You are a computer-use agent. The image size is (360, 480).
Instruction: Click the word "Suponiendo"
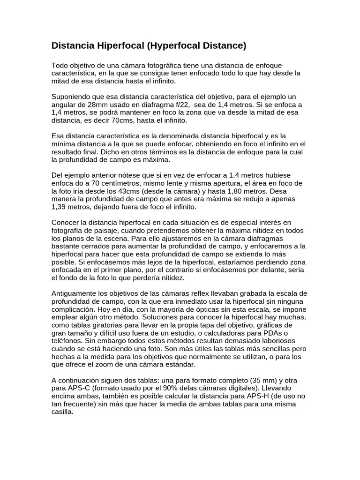71,97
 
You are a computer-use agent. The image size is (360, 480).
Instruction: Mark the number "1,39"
60,207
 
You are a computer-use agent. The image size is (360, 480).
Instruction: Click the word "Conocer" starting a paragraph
65,222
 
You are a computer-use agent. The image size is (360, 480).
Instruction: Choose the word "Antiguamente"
75,293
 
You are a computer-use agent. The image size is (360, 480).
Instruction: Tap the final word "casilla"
62,412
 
